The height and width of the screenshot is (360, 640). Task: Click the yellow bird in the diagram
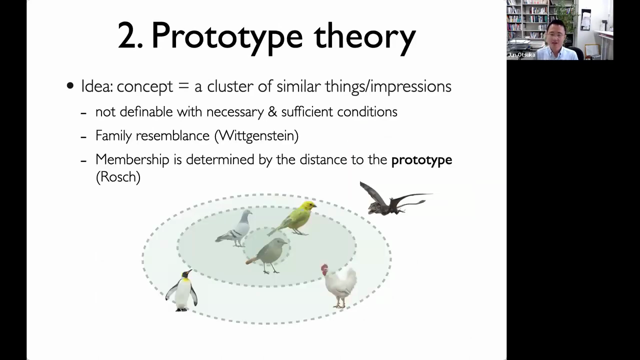pyautogui.click(x=294, y=218)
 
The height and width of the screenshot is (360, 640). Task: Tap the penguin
pyautogui.click(x=181, y=291)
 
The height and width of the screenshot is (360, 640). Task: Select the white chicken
pyautogui.click(x=340, y=285)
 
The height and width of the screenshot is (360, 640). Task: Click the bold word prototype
pyautogui.click(x=421, y=160)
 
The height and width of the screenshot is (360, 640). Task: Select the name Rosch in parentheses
pyautogui.click(x=118, y=177)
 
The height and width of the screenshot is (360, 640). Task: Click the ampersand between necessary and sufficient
pyautogui.click(x=272, y=111)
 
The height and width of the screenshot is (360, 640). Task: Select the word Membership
pyautogui.click(x=132, y=160)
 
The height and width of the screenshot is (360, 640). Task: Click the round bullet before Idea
pyautogui.click(x=70, y=85)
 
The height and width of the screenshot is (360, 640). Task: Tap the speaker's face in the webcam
pyautogui.click(x=555, y=35)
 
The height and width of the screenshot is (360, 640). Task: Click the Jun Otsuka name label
pyautogui.click(x=521, y=55)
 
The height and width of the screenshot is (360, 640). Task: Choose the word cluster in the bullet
pyautogui.click(x=230, y=86)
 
